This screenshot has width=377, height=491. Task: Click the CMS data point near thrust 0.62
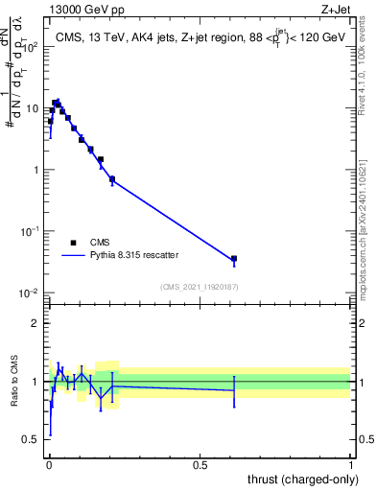click(x=234, y=259)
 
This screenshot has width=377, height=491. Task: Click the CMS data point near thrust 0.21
click(x=112, y=179)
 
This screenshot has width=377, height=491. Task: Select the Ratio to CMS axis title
click(x=13, y=381)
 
